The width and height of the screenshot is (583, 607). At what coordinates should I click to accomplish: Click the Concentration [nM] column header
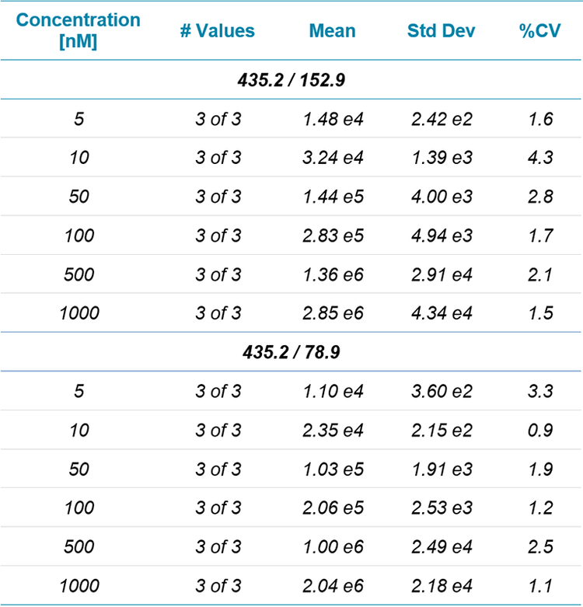pyautogui.click(x=78, y=30)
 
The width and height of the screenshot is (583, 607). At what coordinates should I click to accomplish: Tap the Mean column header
pyautogui.click(x=332, y=31)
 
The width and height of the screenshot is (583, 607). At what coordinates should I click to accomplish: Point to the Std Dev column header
pyautogui.click(x=441, y=31)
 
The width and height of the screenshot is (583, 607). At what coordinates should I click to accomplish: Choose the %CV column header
pyautogui.click(x=540, y=31)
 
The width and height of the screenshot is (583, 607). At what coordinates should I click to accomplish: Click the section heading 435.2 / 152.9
pyautogui.click(x=291, y=80)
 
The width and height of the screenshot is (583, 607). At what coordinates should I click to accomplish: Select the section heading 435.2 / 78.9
pyautogui.click(x=291, y=352)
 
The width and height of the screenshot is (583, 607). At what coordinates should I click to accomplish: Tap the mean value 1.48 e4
pyautogui.click(x=333, y=119)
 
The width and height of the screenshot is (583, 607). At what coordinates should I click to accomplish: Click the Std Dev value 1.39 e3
pyautogui.click(x=442, y=158)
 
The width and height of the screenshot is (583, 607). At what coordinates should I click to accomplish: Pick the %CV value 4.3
pyautogui.click(x=539, y=158)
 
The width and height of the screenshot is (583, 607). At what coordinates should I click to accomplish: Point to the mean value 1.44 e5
pyautogui.click(x=333, y=197)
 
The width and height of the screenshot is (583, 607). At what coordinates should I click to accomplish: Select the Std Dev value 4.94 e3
pyautogui.click(x=442, y=235)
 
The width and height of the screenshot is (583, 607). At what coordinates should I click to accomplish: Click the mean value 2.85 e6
pyautogui.click(x=333, y=313)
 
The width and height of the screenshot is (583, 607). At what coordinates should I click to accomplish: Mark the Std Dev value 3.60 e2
pyautogui.click(x=442, y=391)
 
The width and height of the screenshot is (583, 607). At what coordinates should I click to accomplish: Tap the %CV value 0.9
pyautogui.click(x=539, y=430)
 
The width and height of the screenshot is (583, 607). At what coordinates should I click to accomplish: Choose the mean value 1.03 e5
pyautogui.click(x=333, y=469)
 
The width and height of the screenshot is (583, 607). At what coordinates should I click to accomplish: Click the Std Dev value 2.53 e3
pyautogui.click(x=442, y=508)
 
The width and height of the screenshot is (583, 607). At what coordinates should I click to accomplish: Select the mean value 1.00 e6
pyautogui.click(x=333, y=546)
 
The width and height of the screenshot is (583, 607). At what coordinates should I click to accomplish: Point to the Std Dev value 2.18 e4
pyautogui.click(x=442, y=585)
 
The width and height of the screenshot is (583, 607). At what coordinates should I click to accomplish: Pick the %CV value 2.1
pyautogui.click(x=539, y=274)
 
